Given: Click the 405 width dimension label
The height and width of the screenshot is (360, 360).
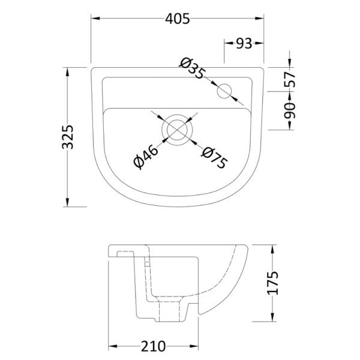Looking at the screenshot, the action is point(178,19).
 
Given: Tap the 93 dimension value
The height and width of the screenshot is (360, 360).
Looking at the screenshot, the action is point(244,43).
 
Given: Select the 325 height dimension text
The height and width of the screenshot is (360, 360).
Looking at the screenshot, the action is point(68,137).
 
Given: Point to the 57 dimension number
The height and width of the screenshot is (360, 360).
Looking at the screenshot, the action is point(290,79).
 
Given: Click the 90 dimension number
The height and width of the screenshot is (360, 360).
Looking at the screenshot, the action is point(290,110).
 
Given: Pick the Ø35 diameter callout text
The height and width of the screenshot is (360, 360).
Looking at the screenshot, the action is point(192,68).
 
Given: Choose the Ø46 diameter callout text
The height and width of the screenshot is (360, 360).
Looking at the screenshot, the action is point(146,157).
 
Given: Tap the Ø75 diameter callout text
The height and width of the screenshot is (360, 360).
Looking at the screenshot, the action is point(214,157).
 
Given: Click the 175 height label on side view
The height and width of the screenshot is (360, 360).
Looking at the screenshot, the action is point(273,283).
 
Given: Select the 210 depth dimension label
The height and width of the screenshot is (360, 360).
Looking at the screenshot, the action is point(153,346).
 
